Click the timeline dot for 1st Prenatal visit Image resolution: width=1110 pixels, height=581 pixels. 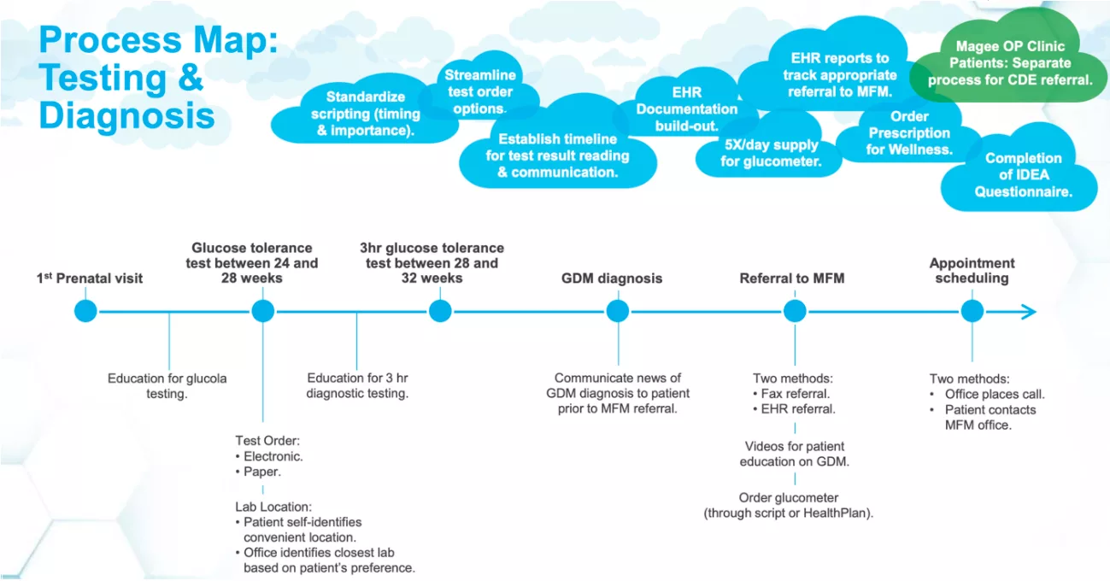[x=85, y=312]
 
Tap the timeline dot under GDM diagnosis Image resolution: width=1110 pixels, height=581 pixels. [x=618, y=312]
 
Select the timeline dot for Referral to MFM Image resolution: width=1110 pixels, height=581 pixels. [x=795, y=312]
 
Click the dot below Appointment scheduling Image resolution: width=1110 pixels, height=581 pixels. [x=972, y=312]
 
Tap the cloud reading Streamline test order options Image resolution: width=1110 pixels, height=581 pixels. [x=479, y=89]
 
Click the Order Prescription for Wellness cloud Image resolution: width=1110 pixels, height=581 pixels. [x=909, y=132]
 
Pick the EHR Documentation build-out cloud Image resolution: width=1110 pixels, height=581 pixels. [x=686, y=108]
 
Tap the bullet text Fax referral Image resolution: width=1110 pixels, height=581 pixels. [x=795, y=394]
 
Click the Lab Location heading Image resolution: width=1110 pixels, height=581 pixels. [x=273, y=507]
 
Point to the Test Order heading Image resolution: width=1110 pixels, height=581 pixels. [x=267, y=440]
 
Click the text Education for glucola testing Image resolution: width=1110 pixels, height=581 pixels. [x=167, y=386]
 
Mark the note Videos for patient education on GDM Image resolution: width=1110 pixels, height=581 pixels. [x=795, y=454]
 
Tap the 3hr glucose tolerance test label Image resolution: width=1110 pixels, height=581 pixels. [x=432, y=262]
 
